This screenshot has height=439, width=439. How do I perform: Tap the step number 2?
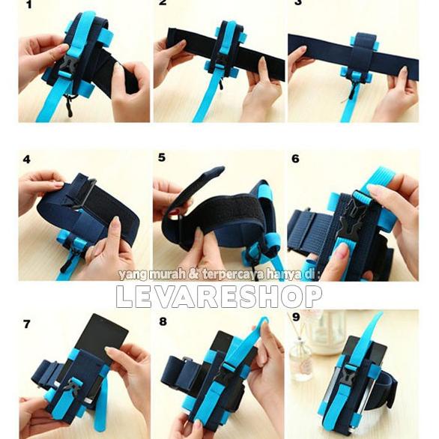pos(163,4)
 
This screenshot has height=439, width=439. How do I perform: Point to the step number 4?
pos(27,159)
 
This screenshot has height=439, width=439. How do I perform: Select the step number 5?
pos(162,157)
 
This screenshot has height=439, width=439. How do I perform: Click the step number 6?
pos(295,159)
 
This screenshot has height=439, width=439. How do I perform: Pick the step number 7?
pos(27,324)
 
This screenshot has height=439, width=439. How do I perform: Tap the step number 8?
pos(162,324)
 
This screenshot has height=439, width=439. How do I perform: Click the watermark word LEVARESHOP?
pos(219,297)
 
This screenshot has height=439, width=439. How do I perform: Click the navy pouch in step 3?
pos(363,53)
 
